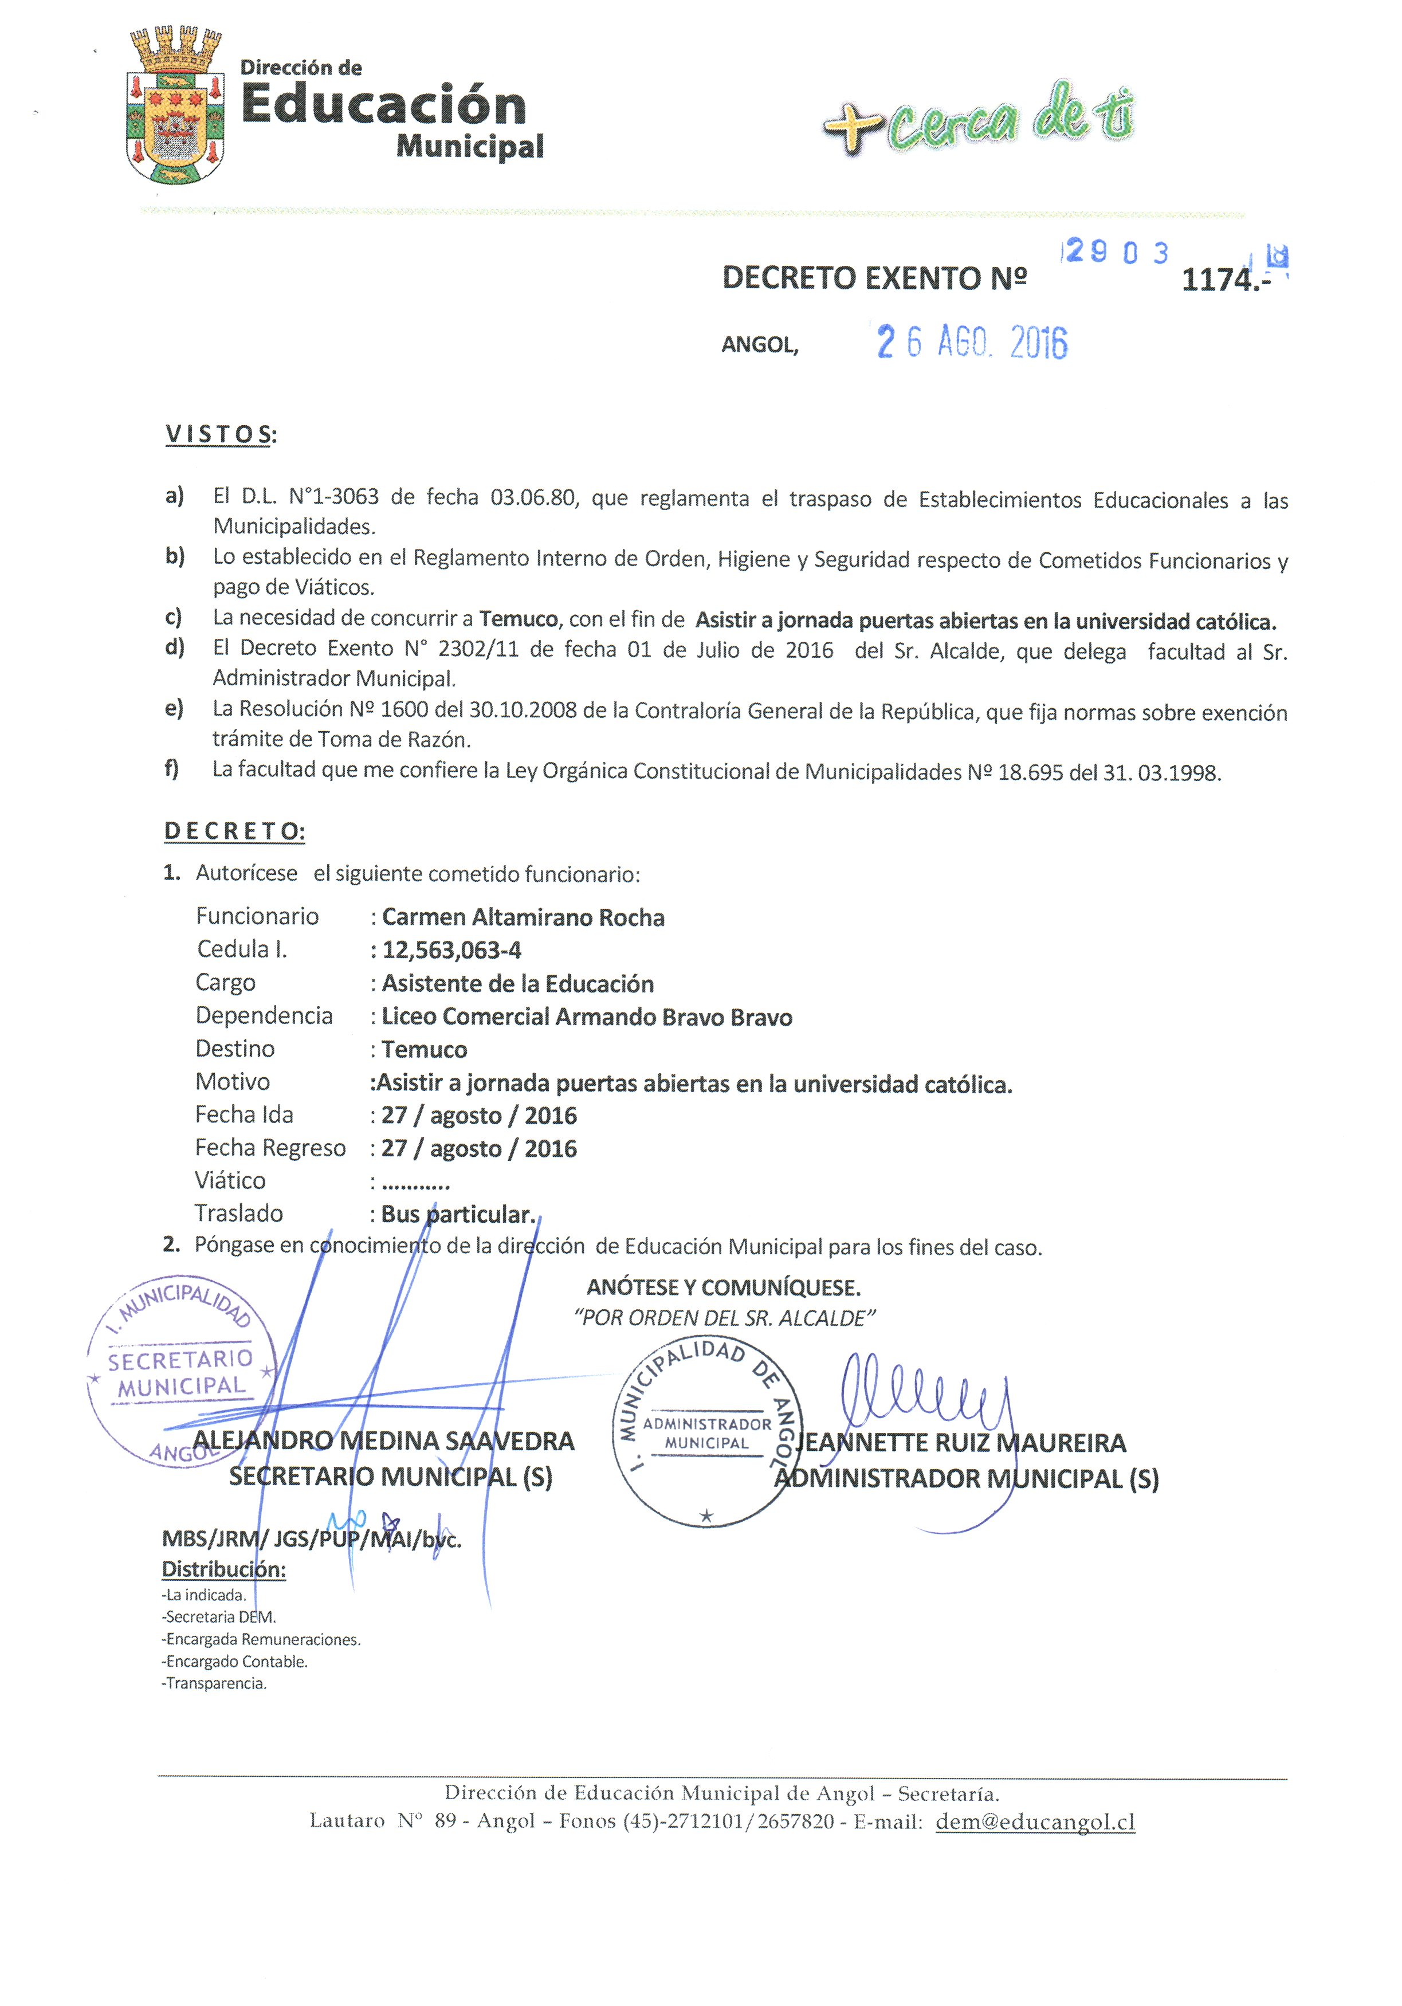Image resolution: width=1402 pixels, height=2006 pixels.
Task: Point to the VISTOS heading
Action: pyautogui.click(x=218, y=434)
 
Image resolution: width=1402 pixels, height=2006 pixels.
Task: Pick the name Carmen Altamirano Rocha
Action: pyautogui.click(x=523, y=917)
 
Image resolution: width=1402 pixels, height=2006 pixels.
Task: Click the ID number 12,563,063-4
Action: pyautogui.click(x=451, y=951)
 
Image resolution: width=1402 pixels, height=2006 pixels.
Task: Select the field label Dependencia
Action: pyautogui.click(x=264, y=1015)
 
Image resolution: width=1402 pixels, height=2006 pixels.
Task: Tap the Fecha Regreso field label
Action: pyautogui.click(x=270, y=1148)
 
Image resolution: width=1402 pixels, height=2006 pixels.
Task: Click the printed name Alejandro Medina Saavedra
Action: pyautogui.click(x=383, y=1440)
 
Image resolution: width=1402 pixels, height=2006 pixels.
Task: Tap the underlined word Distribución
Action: pyautogui.click(x=223, y=1569)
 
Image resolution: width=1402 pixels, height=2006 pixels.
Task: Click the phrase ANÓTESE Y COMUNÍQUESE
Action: pyautogui.click(x=723, y=1288)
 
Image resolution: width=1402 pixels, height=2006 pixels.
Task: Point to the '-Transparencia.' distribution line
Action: pyautogui.click(x=215, y=1683)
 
